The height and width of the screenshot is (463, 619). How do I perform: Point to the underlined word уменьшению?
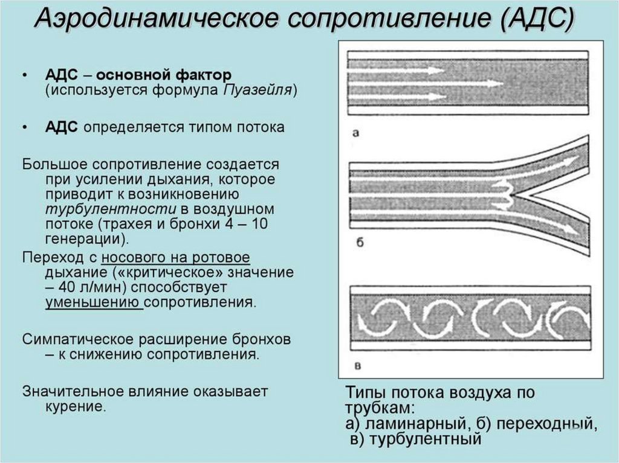tap(93, 301)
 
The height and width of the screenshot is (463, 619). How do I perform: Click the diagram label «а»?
tap(356, 132)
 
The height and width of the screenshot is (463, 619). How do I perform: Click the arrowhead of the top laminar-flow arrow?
tap(440, 71)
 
